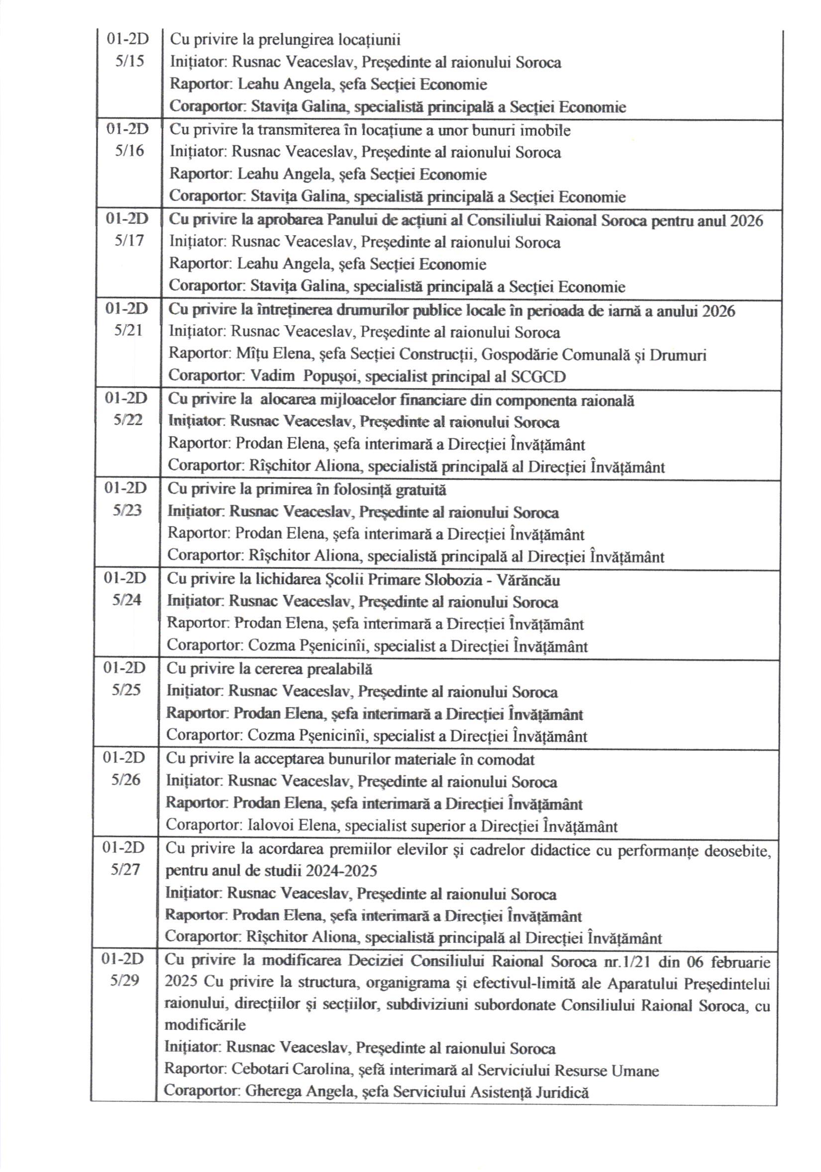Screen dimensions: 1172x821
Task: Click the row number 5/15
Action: [130, 62]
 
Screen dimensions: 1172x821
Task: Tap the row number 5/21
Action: [128, 331]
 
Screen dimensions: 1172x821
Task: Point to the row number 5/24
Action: [127, 600]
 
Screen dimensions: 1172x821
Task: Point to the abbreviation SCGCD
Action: [538, 377]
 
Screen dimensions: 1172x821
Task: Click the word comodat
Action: [505, 760]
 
